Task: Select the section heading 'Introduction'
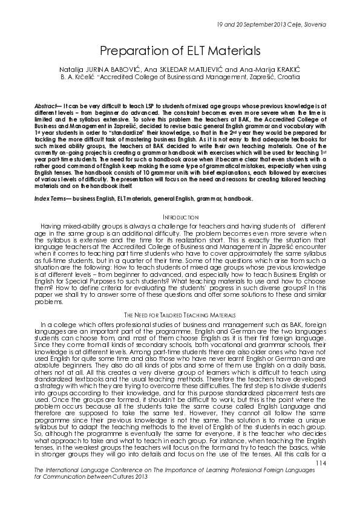click(x=180, y=216)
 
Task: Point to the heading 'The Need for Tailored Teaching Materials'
click(x=180, y=316)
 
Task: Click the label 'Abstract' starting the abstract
click(x=47, y=105)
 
